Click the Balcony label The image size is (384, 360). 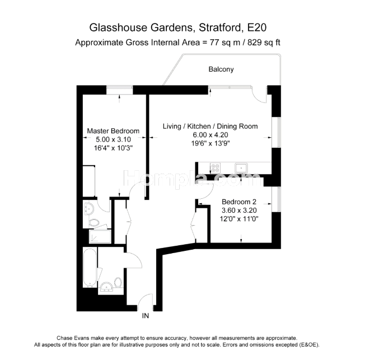tap(221, 69)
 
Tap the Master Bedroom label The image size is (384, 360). tap(113, 131)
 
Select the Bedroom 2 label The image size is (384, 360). tap(239, 202)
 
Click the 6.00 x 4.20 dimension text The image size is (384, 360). tap(210, 135)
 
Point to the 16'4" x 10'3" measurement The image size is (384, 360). tap(113, 148)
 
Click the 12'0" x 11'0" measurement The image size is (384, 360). tap(239, 219)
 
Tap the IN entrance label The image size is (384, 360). tap(146, 316)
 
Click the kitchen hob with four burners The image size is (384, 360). tap(216, 168)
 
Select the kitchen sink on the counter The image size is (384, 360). tap(241, 168)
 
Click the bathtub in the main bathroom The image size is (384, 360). tap(90, 268)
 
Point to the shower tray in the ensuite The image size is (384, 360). tap(100, 236)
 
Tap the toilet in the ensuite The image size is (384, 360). tap(94, 223)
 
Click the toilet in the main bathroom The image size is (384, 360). tap(118, 282)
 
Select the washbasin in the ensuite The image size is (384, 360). tap(88, 209)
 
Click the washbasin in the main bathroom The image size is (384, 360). tap(106, 287)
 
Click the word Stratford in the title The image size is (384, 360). tap(220, 27)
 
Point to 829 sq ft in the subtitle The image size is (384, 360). tap(264, 43)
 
